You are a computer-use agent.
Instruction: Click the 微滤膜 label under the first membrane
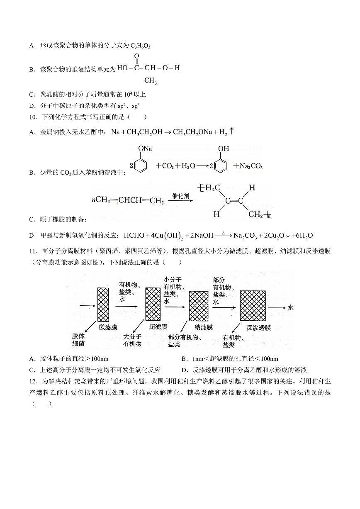pos(108,327)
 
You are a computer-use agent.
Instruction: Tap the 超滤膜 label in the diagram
pos(158,327)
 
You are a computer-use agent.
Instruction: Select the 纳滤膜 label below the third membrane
pos(204,327)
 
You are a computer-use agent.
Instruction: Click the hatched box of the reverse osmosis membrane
pos(253,306)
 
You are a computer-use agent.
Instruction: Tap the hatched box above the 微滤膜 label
pos(103,304)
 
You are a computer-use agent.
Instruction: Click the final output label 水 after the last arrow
pos(291,307)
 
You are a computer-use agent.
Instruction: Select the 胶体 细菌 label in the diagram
pos(78,340)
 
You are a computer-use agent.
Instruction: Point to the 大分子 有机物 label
pos(132,340)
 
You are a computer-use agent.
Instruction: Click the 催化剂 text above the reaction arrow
pos(181,195)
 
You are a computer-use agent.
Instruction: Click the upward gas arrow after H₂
pos(232,132)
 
